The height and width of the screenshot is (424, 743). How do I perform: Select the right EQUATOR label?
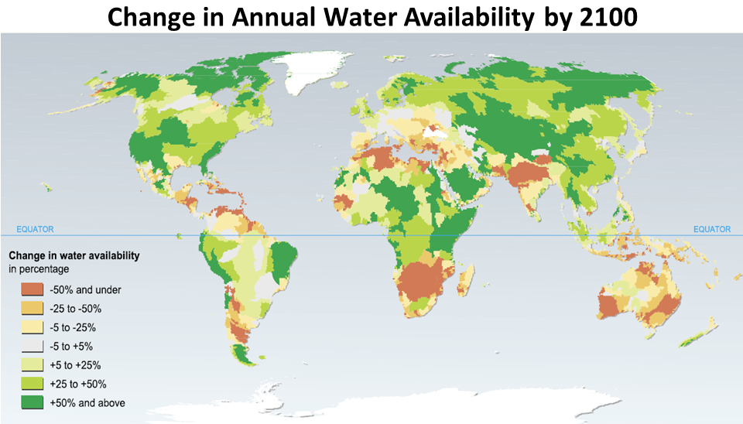(711, 229)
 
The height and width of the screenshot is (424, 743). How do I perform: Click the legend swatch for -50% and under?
(32, 290)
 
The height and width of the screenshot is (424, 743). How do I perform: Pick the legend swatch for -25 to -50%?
(32, 309)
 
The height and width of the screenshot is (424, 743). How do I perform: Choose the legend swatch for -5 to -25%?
(32, 327)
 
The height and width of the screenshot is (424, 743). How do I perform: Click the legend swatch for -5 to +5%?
(32, 347)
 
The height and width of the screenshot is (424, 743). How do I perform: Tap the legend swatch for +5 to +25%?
(32, 365)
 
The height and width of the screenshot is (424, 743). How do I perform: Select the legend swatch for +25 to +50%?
(32, 384)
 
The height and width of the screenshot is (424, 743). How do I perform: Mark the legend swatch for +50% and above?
(32, 402)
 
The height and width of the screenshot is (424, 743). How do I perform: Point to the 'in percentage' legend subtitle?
(39, 269)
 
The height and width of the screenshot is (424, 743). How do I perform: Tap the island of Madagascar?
(467, 278)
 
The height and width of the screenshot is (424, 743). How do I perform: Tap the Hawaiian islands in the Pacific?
(47, 186)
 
